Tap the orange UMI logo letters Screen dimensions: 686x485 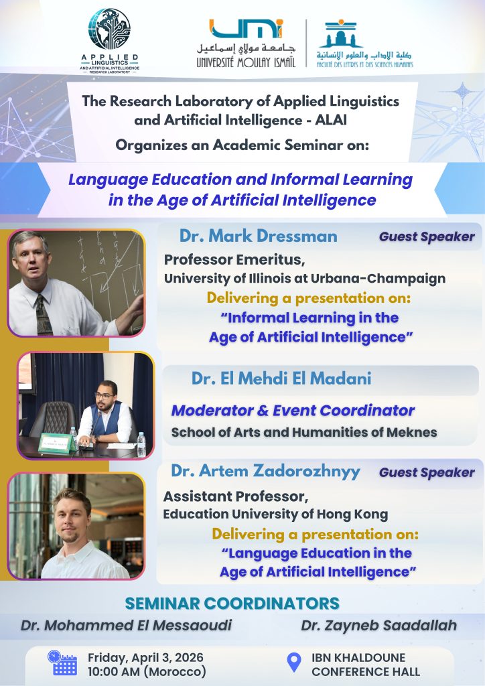(246, 29)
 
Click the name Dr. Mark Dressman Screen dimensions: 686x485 (258, 236)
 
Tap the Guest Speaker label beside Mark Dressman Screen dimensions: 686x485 (427, 236)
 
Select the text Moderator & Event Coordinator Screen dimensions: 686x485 (293, 411)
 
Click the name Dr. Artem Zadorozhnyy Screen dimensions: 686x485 (265, 471)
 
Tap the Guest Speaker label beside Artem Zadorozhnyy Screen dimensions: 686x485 (427, 472)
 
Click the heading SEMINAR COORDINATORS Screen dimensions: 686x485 (241, 603)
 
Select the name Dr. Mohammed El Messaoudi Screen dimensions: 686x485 (127, 626)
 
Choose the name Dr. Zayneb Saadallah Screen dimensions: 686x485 (378, 626)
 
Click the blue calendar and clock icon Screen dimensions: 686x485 (64, 663)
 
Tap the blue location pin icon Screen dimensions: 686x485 (293, 663)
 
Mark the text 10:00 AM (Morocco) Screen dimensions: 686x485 (147, 671)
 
